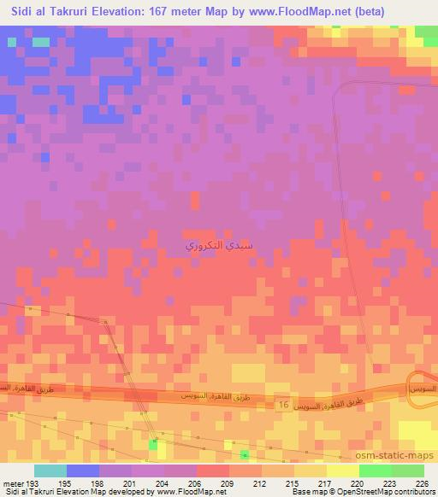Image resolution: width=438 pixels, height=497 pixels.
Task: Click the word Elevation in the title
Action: [120, 11]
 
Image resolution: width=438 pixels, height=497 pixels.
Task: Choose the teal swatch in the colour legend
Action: [50, 471]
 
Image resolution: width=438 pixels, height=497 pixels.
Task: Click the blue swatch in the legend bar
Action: [82, 471]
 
